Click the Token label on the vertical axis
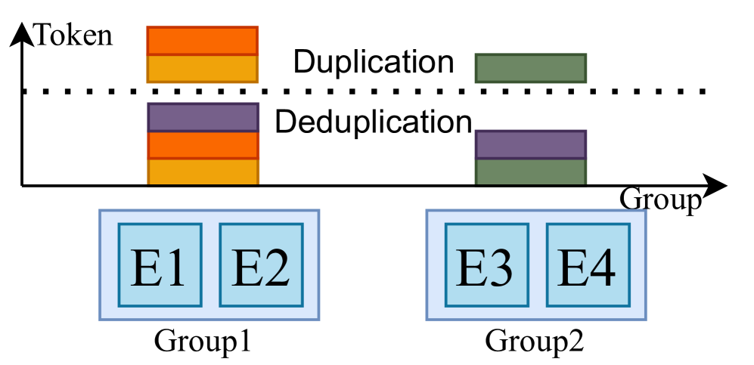(x=73, y=35)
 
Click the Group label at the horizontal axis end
(x=660, y=200)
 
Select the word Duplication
(x=374, y=63)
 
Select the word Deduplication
(x=374, y=121)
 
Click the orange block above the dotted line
(x=203, y=41)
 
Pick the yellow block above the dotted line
(x=203, y=69)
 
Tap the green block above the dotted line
(x=530, y=68)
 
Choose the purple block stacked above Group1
(x=203, y=117)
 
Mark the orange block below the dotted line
(x=203, y=145)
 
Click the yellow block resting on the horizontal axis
(x=203, y=172)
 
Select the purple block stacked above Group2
(x=530, y=144)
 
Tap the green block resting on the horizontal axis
(x=530, y=172)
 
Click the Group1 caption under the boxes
(x=203, y=341)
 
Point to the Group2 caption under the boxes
(x=534, y=341)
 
